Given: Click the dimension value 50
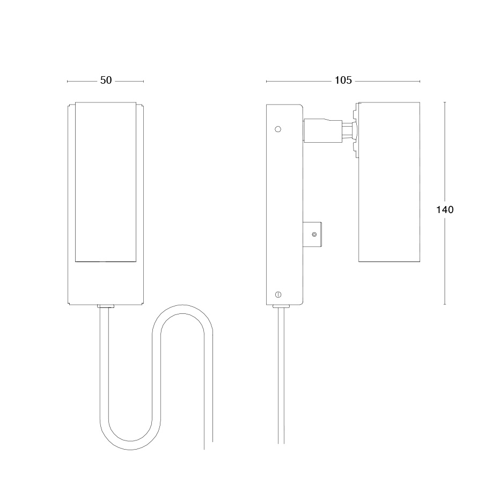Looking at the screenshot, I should (106, 80).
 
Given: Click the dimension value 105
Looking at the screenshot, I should (343, 80).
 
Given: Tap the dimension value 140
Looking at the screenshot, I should (444, 209).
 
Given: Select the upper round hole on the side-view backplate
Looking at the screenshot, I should (277, 129).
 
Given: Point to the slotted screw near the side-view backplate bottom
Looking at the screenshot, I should (278, 294).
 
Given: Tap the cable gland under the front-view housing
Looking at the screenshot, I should (106, 307).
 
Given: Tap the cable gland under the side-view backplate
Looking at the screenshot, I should (281, 307).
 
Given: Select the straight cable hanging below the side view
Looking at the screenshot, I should (281, 376).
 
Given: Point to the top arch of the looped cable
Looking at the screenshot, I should (182, 310).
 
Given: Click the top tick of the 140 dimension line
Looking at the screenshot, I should (444, 101).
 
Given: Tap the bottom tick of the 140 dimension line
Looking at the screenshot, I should (444, 304).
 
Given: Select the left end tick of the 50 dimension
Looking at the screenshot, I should (67, 81).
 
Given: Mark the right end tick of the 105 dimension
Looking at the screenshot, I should (420, 81).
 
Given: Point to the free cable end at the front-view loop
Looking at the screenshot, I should (209, 445).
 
